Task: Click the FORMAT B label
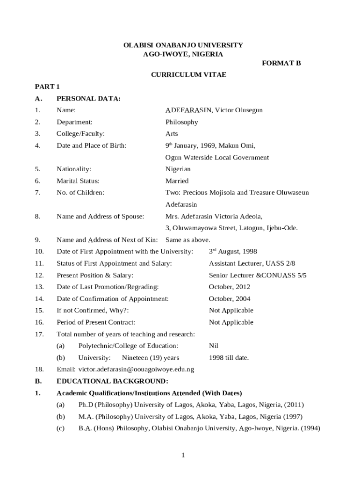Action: (281, 64)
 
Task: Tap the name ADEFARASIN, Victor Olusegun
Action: (214, 110)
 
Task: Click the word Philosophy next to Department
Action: (181, 122)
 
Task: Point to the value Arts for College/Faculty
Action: (172, 134)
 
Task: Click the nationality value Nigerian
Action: (178, 169)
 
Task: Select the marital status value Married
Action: (177, 181)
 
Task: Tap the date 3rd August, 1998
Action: (232, 252)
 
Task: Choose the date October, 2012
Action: (229, 287)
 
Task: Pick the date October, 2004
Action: (229, 298)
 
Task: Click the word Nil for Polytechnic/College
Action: (214, 346)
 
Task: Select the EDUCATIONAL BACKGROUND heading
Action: (112, 381)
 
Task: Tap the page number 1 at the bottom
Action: (184, 455)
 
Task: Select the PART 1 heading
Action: (47, 87)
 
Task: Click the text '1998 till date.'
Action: (229, 358)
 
